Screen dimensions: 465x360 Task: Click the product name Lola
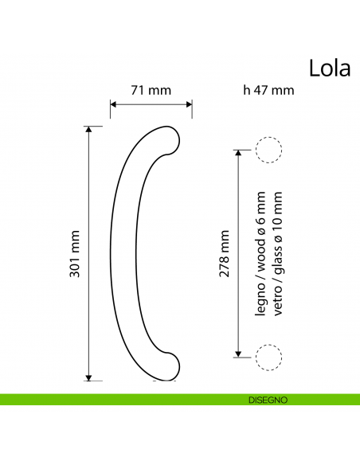(x=328, y=68)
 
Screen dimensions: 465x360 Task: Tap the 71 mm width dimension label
(x=151, y=90)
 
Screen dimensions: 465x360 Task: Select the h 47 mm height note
(x=268, y=90)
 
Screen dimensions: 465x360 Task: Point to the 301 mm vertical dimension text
(x=76, y=253)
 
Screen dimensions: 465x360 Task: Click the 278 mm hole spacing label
(x=225, y=252)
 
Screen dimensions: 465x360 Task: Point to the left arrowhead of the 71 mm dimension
(x=113, y=104)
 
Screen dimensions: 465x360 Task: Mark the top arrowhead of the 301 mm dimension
(x=88, y=130)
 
